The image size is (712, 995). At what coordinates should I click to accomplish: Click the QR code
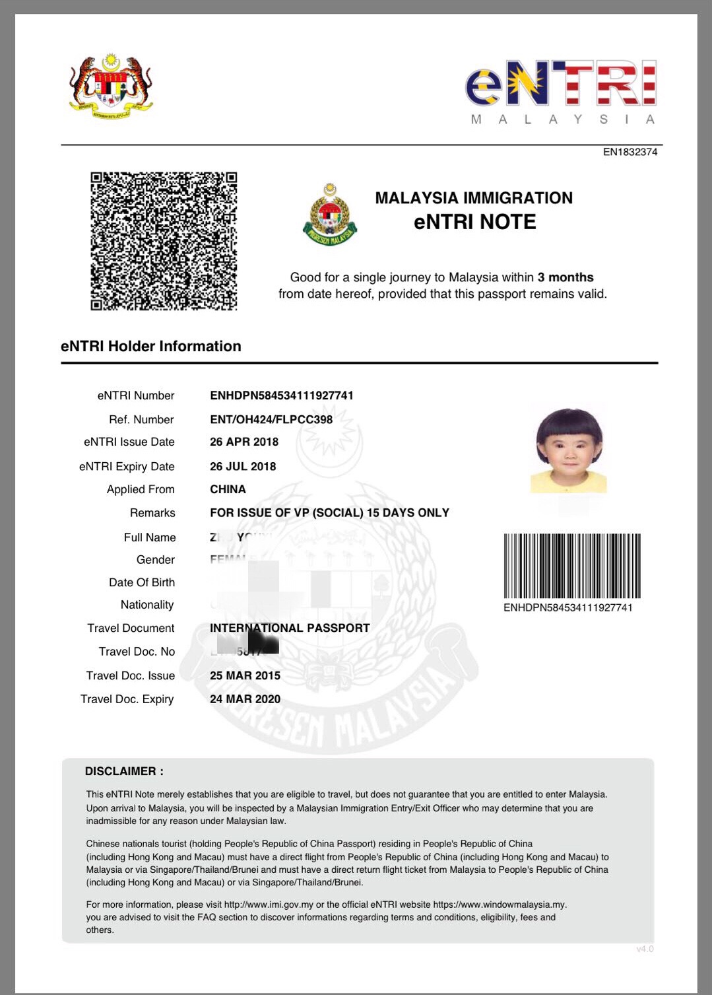[x=164, y=241]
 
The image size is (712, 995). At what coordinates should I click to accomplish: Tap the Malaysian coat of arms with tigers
[x=111, y=86]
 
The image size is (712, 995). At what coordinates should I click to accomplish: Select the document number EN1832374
[x=630, y=152]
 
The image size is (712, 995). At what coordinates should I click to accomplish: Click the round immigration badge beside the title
[x=329, y=215]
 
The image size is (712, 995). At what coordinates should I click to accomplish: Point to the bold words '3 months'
[x=566, y=277]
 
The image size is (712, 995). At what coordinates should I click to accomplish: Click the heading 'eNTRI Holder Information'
[x=151, y=346]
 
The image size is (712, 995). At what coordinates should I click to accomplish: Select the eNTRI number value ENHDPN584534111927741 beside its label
[x=282, y=395]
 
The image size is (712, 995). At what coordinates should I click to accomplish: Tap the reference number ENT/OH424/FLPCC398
[x=271, y=419]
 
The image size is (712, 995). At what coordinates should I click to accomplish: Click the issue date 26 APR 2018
[x=244, y=442]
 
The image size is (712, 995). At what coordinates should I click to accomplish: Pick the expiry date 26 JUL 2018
[x=243, y=466]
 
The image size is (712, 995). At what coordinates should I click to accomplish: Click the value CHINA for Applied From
[x=228, y=489]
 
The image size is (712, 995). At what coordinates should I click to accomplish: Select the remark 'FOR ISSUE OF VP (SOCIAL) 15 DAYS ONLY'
[x=329, y=512]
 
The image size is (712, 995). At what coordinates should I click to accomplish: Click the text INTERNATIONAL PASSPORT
[x=290, y=628]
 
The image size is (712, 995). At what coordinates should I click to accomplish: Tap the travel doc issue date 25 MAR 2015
[x=245, y=675]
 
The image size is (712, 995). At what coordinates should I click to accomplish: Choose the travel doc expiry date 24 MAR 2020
[x=245, y=699]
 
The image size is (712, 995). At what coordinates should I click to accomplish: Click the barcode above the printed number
[x=572, y=566]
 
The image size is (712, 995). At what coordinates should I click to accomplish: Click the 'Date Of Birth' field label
[x=142, y=582]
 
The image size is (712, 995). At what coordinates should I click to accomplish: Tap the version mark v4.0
[x=645, y=949]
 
